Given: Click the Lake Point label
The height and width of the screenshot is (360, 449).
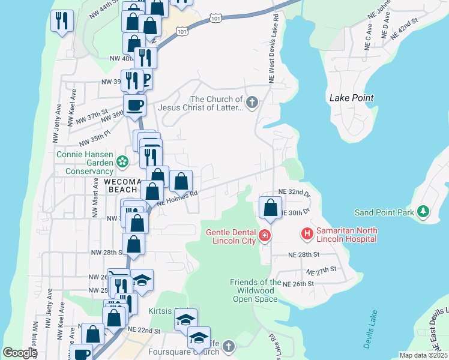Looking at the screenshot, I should pyautogui.click(x=351, y=98).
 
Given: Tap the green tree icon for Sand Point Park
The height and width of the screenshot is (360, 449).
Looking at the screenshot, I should pyautogui.click(x=424, y=212).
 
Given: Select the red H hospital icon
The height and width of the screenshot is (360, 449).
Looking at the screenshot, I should pyautogui.click(x=307, y=233).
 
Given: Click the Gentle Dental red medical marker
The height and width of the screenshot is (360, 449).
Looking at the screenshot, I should pyautogui.click(x=264, y=236).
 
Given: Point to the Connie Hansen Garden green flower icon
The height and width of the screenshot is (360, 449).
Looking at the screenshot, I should pyautogui.click(x=122, y=161).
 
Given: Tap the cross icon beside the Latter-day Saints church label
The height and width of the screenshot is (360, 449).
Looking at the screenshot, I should pyautogui.click(x=252, y=103).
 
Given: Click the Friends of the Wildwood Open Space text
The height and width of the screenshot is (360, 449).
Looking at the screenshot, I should pyautogui.click(x=256, y=290).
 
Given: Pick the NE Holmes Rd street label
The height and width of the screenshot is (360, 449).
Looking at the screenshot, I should pyautogui.click(x=178, y=198).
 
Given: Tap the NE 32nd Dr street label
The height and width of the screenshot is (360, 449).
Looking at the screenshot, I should pyautogui.click(x=295, y=193).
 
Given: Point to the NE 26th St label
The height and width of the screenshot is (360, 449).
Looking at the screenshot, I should pyautogui.click(x=298, y=284).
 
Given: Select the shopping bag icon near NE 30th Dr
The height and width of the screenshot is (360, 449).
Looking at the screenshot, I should pyautogui.click(x=270, y=208).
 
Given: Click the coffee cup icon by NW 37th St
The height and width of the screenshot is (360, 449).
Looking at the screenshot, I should pyautogui.click(x=135, y=106).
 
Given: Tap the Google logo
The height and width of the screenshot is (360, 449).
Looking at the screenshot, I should pyautogui.click(x=19, y=353).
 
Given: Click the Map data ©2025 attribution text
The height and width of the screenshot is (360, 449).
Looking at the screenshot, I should pyautogui.click(x=423, y=355).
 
